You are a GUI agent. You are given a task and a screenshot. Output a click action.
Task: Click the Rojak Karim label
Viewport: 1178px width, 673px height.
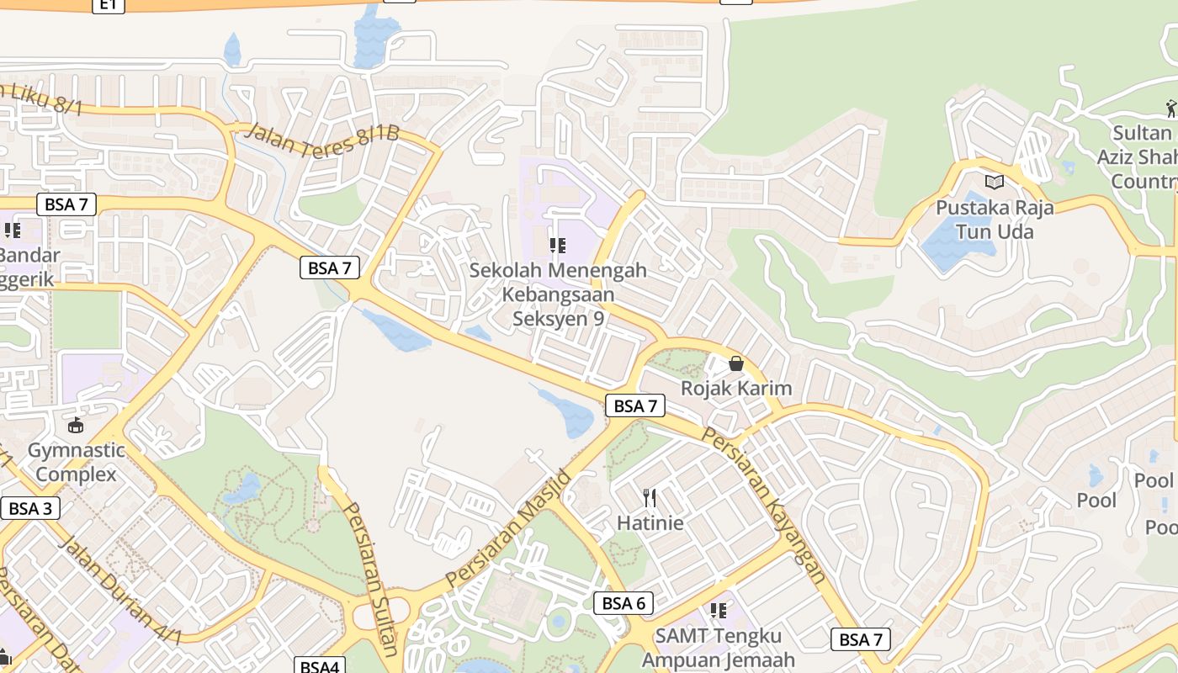click(x=736, y=388)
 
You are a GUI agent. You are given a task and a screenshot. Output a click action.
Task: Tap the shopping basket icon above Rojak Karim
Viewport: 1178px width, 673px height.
click(x=736, y=363)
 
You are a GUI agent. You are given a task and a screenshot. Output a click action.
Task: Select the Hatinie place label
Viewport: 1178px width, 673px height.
click(x=650, y=522)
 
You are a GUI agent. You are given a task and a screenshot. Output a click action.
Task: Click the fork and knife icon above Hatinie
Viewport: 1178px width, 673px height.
click(x=650, y=498)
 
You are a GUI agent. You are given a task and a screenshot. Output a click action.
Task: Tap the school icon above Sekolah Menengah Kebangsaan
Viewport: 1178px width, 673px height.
click(x=557, y=246)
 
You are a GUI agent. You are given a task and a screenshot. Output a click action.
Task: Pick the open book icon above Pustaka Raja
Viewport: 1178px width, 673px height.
click(x=995, y=182)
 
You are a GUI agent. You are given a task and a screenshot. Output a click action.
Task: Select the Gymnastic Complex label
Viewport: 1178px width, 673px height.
click(x=77, y=462)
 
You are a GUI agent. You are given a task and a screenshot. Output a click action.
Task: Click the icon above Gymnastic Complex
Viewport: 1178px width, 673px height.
click(x=77, y=425)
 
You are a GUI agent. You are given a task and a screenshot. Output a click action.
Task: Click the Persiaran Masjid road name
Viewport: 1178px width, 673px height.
click(x=509, y=528)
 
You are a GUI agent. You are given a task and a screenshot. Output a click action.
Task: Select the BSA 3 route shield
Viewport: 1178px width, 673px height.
click(x=30, y=508)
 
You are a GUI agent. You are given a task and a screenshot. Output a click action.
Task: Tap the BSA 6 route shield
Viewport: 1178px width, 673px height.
click(x=623, y=603)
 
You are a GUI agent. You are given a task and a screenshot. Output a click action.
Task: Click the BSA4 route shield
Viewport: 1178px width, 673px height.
click(x=321, y=666)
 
